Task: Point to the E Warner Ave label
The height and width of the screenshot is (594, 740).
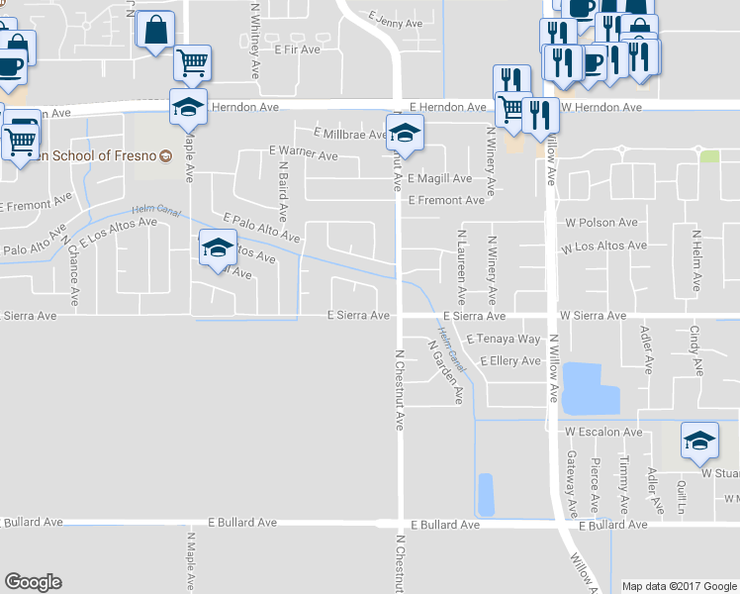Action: [x=303, y=154]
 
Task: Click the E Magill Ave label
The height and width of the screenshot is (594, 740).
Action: [x=439, y=179]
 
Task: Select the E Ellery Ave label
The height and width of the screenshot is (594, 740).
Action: [x=509, y=361]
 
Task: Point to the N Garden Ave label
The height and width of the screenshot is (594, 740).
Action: [x=445, y=372]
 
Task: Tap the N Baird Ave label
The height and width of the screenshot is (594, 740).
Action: [x=282, y=192]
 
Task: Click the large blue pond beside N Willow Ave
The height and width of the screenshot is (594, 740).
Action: [x=591, y=388]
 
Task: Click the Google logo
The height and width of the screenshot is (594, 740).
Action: [x=33, y=582]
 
